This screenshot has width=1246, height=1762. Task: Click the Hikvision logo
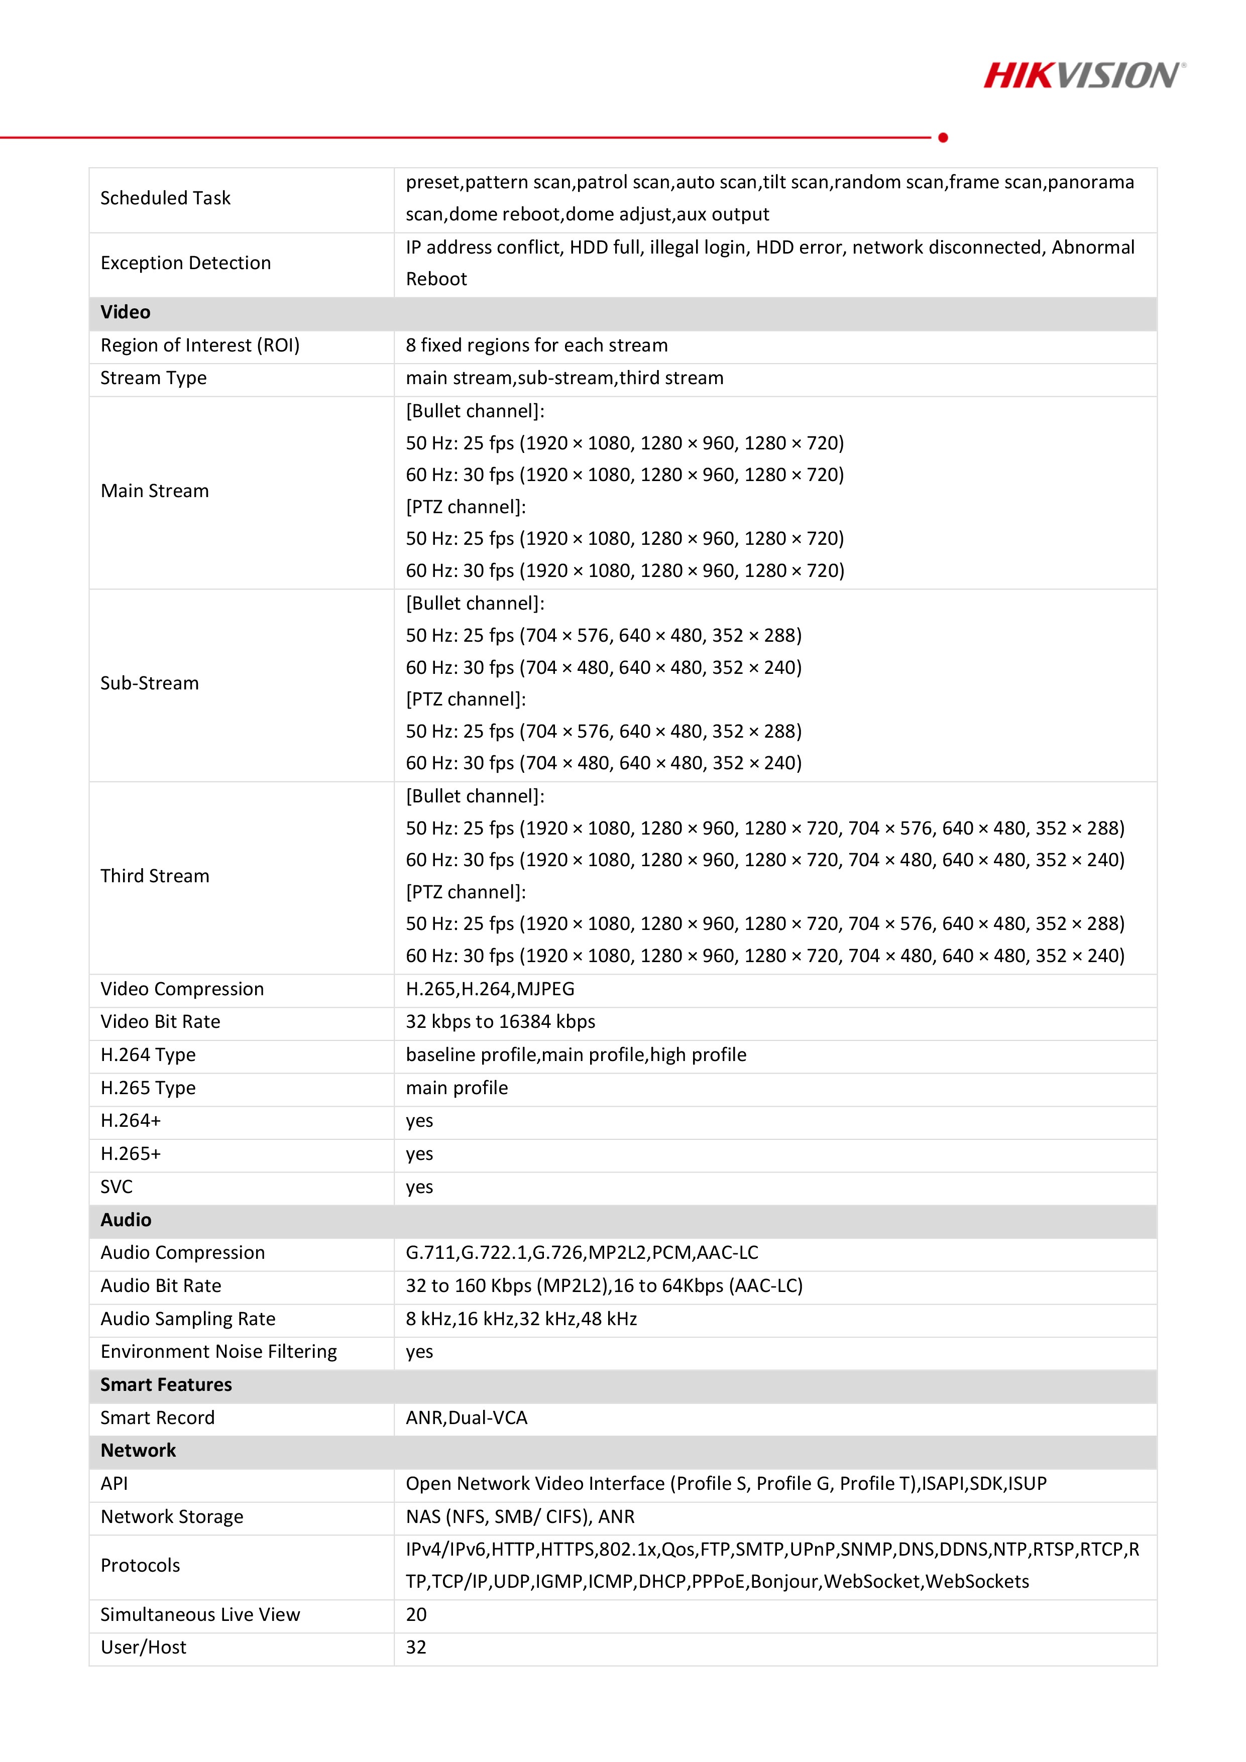(x=1083, y=75)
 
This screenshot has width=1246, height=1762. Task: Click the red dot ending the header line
(x=943, y=138)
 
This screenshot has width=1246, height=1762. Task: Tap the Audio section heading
(x=126, y=1219)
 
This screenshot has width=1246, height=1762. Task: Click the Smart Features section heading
(x=166, y=1384)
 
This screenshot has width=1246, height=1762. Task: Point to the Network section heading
(x=138, y=1451)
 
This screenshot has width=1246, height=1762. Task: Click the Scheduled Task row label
(x=165, y=198)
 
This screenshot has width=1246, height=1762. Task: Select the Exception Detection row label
(x=186, y=263)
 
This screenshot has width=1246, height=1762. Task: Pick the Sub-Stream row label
(x=150, y=683)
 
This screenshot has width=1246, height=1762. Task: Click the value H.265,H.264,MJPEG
(x=490, y=988)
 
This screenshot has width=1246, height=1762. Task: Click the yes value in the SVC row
(x=419, y=1187)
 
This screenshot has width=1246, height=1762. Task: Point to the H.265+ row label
(x=131, y=1154)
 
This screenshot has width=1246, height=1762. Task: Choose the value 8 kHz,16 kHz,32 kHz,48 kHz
(x=521, y=1319)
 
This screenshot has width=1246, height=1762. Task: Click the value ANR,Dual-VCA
(x=467, y=1418)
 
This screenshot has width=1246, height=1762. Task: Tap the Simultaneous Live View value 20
(x=416, y=1615)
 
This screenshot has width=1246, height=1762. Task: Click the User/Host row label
(x=144, y=1647)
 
